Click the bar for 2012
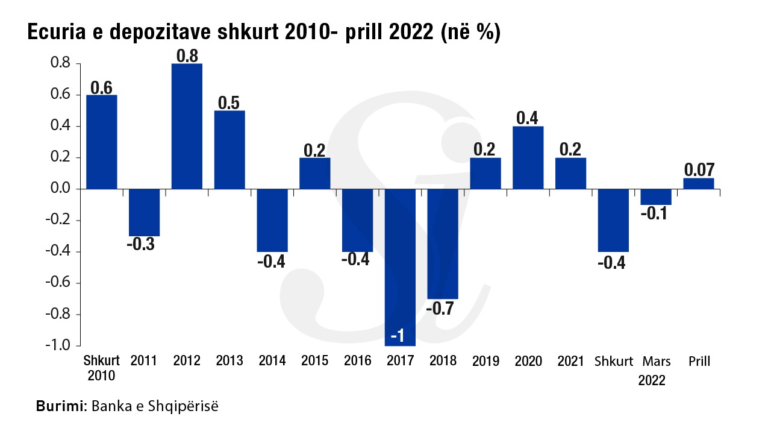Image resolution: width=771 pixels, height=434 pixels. tap(187, 126)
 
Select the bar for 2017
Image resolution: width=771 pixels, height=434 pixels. tap(401, 259)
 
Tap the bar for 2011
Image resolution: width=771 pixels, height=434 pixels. tap(144, 212)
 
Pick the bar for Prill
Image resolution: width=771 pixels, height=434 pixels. tap(699, 184)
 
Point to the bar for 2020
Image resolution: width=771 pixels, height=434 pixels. tap(528, 157)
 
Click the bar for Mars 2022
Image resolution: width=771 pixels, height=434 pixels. tap(656, 197)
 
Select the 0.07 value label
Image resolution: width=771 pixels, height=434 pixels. tap(699, 169)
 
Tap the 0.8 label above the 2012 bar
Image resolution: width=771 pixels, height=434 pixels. tap(187, 55)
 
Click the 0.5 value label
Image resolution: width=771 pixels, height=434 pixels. tap(229, 102)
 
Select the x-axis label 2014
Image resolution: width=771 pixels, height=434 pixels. tap(272, 361)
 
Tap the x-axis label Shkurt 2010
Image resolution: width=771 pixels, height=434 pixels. tap(101, 368)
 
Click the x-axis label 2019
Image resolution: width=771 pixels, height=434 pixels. tap(485, 361)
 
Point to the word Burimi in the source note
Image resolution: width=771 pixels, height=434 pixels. tap(61, 406)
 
